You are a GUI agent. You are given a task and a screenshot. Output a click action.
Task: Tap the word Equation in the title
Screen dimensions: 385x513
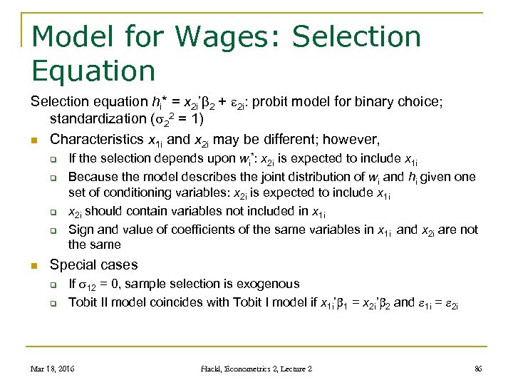93,71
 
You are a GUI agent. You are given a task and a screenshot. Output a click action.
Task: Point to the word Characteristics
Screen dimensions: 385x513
97,138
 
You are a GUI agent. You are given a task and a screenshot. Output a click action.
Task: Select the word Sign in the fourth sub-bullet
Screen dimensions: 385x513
80,230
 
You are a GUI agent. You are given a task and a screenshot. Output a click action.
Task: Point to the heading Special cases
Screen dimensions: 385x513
93,265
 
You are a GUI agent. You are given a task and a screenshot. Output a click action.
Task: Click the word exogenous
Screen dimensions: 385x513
270,284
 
